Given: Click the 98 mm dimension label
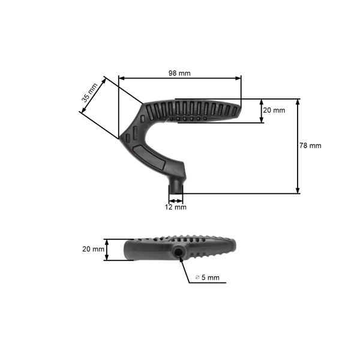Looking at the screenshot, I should [x=179, y=73].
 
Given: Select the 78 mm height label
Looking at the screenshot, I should [x=310, y=146].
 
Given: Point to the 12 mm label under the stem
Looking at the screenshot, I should [x=176, y=207].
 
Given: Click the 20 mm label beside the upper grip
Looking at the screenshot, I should [x=274, y=110].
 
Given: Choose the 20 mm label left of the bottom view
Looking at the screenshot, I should [x=93, y=249].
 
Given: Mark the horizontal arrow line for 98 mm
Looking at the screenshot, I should [x=180, y=77].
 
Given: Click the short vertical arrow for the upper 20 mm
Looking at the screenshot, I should [x=262, y=111].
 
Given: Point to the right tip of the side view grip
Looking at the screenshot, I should [x=241, y=110].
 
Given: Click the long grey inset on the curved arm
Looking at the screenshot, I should [x=151, y=155].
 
